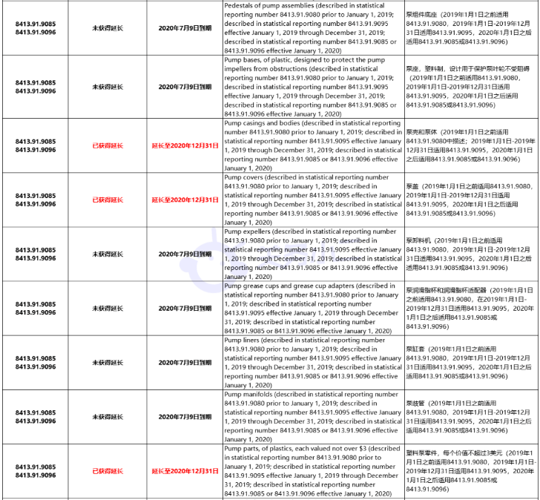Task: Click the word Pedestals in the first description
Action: [x=240, y=6]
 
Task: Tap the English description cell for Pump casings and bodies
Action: [x=313, y=145]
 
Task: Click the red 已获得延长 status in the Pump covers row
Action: [x=108, y=200]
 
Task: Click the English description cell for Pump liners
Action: [x=313, y=362]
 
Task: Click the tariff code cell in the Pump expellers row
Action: [x=35, y=254]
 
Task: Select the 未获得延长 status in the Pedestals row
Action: [x=108, y=27]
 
